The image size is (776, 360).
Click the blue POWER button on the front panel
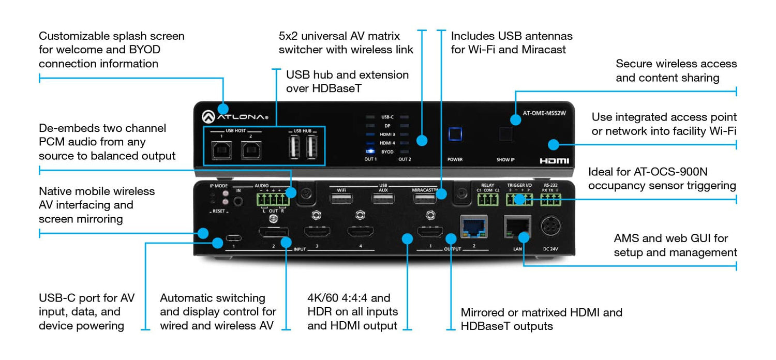(x=455, y=134)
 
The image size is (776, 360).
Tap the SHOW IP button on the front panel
(x=505, y=134)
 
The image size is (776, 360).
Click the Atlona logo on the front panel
(x=235, y=116)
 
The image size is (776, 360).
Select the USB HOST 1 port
(x=222, y=150)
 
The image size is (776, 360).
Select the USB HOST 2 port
(x=250, y=150)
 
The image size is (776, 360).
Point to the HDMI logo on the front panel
(x=554, y=161)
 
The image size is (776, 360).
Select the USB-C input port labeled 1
(x=234, y=239)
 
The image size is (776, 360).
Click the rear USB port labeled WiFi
(x=341, y=199)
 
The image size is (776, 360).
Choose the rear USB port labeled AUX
(x=383, y=199)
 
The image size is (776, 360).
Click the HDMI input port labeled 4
(x=361, y=232)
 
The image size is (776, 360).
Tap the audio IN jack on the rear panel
(x=238, y=199)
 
